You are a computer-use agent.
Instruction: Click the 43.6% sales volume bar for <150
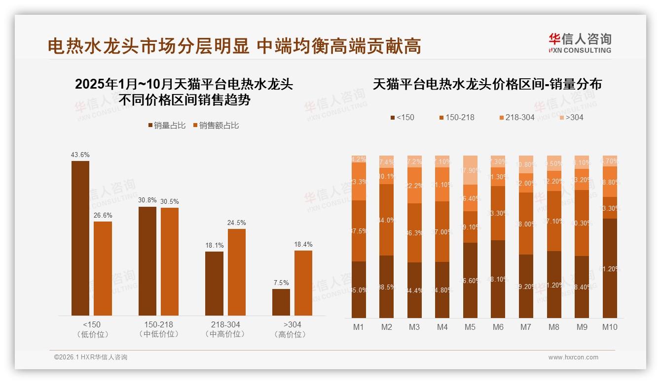(x=80, y=238)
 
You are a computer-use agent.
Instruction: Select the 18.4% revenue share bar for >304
(x=303, y=283)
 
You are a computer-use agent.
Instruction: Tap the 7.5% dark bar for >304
(x=281, y=302)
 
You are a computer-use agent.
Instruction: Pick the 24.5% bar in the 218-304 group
(x=237, y=272)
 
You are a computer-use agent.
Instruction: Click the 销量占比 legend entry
(x=166, y=126)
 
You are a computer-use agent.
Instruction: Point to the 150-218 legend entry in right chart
(x=456, y=117)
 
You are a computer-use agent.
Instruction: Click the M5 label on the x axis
(x=470, y=327)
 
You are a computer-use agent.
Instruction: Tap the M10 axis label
(x=610, y=327)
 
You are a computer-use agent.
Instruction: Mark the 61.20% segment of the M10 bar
(x=610, y=268)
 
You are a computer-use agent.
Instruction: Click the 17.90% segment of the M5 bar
(x=470, y=170)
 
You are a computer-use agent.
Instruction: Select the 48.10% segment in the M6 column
(x=498, y=279)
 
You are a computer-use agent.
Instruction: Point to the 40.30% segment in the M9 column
(x=582, y=223)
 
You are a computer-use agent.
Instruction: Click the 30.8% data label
(x=147, y=200)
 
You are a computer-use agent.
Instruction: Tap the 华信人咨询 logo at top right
(x=580, y=43)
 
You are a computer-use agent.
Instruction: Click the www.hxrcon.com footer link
(x=573, y=357)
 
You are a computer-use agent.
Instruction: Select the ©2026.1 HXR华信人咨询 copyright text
(x=91, y=357)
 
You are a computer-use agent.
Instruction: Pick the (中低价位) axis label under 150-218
(x=159, y=334)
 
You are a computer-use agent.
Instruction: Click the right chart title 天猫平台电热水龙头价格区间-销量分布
(x=487, y=84)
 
